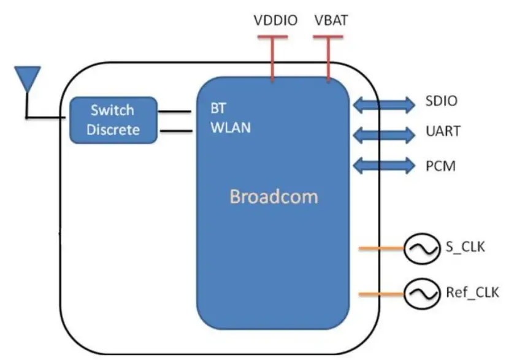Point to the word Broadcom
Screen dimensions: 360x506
pos(274,197)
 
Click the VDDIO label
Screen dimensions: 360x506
pos(275,21)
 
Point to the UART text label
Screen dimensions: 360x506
pos(441,132)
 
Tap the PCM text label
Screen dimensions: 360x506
pos(440,166)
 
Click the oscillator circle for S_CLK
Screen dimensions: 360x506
pos(419,248)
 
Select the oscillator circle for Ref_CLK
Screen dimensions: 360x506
pos(419,294)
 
